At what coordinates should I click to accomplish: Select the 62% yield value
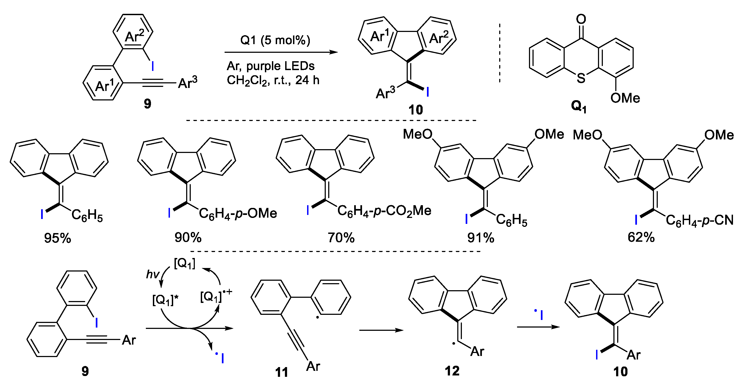pos(641,237)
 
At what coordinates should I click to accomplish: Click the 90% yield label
pos(188,237)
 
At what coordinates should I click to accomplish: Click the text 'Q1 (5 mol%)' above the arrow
pos(275,40)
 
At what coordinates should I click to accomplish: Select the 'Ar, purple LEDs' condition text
pos(271,66)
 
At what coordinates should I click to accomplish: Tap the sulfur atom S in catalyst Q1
pos(581,78)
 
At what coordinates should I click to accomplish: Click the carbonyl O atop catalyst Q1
pos(581,19)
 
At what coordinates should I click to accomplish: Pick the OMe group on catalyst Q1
pos(625,99)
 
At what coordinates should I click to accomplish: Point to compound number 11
pos(281,372)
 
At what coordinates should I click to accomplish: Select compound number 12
pos(452,371)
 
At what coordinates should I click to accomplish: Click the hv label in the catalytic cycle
pos(153,274)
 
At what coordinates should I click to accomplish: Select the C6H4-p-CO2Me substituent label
pos(384,211)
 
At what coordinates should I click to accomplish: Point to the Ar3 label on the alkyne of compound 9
pos(188,83)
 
